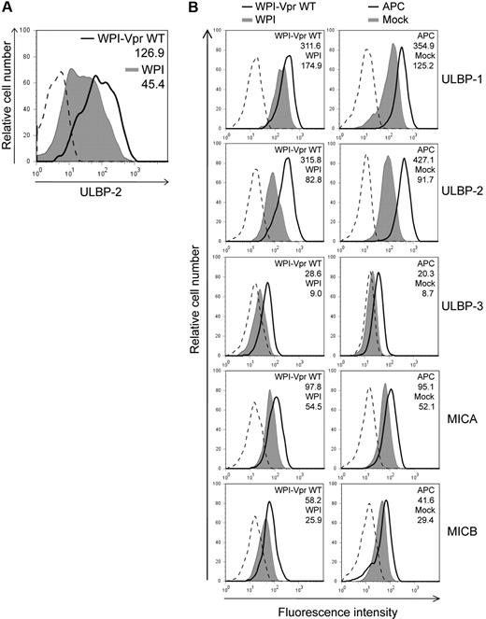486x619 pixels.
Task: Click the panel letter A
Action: pyautogui.click(x=7, y=7)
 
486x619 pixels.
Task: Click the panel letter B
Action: pyautogui.click(x=191, y=7)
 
